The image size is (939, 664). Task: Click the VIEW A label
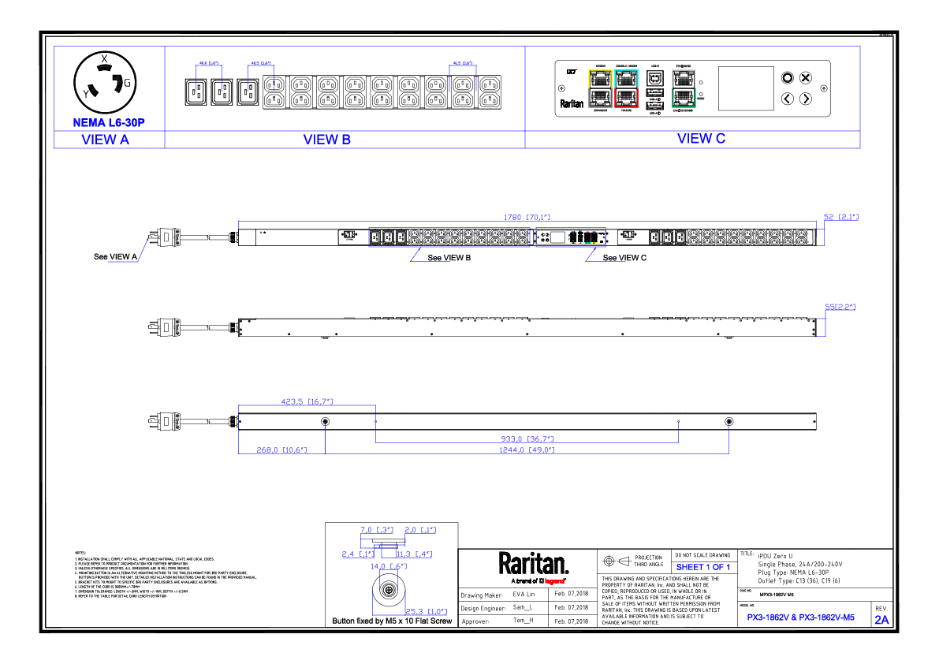(105, 140)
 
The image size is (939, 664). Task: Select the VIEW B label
(327, 140)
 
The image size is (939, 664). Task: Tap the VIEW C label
(701, 139)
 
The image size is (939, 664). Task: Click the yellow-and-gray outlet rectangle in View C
(600, 88)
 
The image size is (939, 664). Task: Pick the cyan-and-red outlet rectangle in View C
(626, 88)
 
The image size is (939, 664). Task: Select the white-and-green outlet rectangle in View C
(684, 88)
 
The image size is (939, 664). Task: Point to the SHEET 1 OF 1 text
(702, 568)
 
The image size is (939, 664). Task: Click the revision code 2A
(881, 620)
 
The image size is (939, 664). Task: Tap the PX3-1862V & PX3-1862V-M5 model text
(800, 618)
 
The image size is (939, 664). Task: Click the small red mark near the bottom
(554, 581)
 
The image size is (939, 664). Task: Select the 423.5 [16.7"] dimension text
(307, 401)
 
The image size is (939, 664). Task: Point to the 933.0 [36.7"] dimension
(527, 439)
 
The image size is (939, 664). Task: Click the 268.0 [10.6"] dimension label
(281, 450)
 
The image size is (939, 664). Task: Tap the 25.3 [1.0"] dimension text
(426, 612)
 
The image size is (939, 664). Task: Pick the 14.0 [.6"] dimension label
(388, 566)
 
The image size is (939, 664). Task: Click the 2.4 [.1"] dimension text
(357, 554)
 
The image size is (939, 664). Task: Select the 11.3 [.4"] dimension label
(414, 554)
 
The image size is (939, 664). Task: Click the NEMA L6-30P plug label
(109, 123)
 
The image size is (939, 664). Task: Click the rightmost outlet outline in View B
(463, 79)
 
